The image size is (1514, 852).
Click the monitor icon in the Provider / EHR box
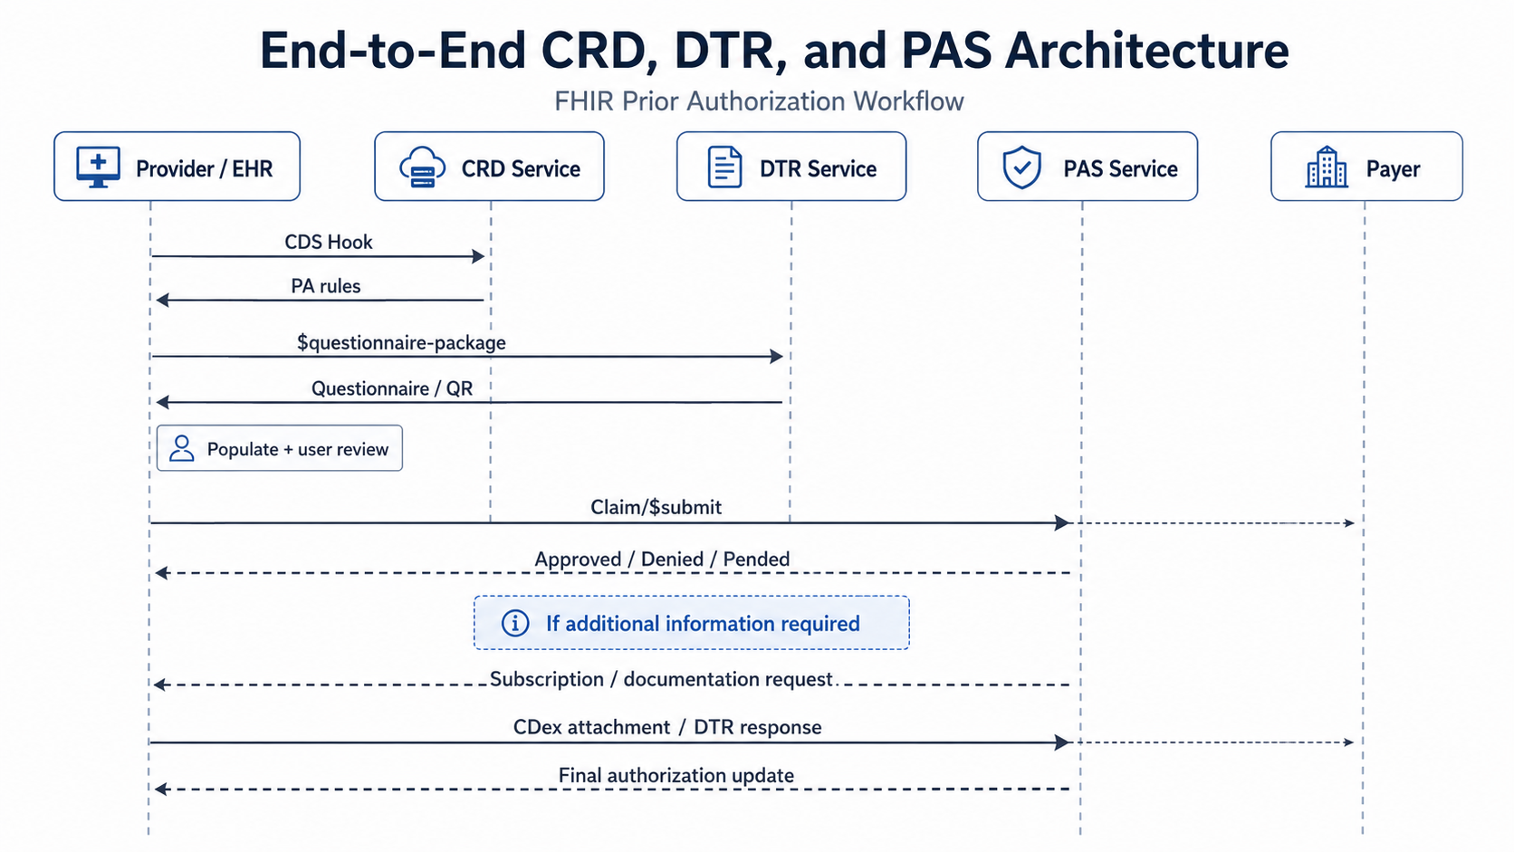coord(98,167)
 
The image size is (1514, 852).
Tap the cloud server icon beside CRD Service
coord(423,167)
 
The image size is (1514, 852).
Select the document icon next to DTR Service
coord(724,167)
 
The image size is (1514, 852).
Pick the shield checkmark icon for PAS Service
coord(1021,167)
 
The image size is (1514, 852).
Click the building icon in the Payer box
coord(1326,167)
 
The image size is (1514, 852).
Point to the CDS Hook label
coord(329,242)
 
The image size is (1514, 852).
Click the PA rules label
coord(326,286)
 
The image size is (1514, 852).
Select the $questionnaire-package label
coord(401,342)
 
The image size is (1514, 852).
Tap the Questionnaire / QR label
coord(392,388)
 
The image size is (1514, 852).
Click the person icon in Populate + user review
coord(182,448)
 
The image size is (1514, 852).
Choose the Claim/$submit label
coord(656,507)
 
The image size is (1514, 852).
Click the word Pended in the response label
coord(756,559)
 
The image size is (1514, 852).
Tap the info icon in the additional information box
coord(515,623)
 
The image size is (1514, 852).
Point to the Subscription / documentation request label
coord(661,679)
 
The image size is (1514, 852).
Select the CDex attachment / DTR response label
coord(667,727)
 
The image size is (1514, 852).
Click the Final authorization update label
coord(676,775)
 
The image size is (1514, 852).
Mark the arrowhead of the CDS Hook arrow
coord(478,256)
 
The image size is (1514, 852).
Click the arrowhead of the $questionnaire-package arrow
coord(777,356)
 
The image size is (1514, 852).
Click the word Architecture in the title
coord(1146,51)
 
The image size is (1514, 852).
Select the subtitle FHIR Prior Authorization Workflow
coord(759,101)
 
